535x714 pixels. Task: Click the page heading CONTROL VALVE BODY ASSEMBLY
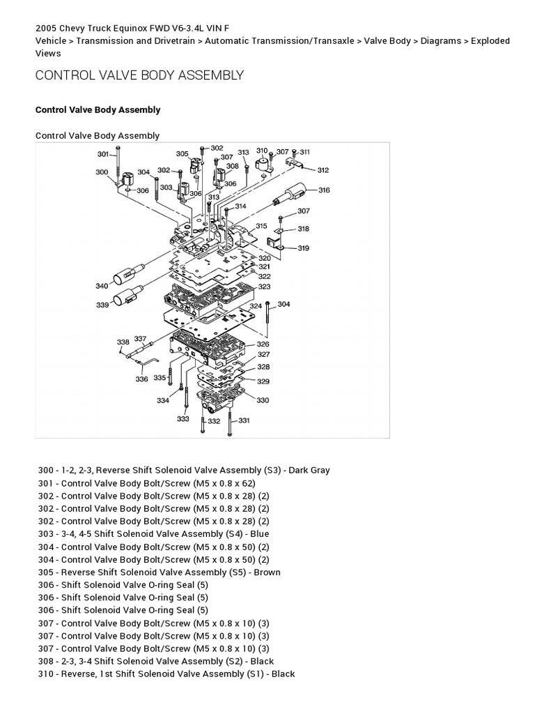[x=139, y=75]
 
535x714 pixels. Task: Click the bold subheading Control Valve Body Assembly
[x=98, y=109]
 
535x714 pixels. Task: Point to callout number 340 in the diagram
[x=102, y=285]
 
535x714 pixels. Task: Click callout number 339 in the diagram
[x=102, y=305]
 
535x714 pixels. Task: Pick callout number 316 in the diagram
[x=323, y=190]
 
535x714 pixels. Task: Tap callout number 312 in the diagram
[x=323, y=169]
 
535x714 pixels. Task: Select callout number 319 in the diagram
[x=304, y=248]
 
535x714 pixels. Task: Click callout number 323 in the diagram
[x=264, y=286]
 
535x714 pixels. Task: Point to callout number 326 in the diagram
[x=263, y=344]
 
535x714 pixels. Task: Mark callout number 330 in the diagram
[x=263, y=400]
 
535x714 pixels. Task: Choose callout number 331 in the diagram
[x=244, y=420]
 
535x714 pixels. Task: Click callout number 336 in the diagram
[x=141, y=379]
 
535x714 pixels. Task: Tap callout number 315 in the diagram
[x=261, y=226]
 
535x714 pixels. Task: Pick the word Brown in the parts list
[x=267, y=572]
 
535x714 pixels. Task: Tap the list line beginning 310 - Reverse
[x=166, y=674]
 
